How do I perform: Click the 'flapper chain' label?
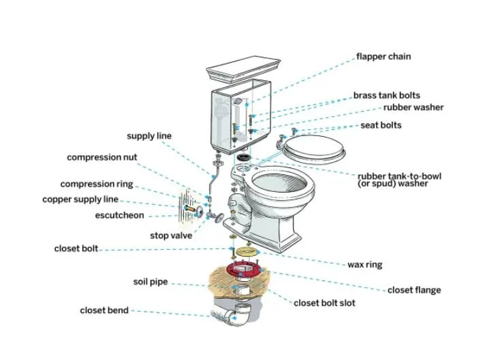tap(384, 56)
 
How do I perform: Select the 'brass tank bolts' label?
tap(386, 96)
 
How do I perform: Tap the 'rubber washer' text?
tap(413, 108)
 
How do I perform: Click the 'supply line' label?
tap(149, 136)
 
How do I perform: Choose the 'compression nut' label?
tap(101, 157)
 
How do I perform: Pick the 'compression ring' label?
tap(97, 184)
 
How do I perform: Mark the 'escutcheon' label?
tap(119, 216)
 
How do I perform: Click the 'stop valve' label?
tap(171, 235)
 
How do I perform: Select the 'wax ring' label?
tap(364, 265)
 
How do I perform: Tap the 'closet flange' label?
tap(413, 291)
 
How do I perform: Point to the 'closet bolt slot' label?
tap(324, 303)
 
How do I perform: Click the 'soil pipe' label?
tap(151, 282)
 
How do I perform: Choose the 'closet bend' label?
tap(104, 311)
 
